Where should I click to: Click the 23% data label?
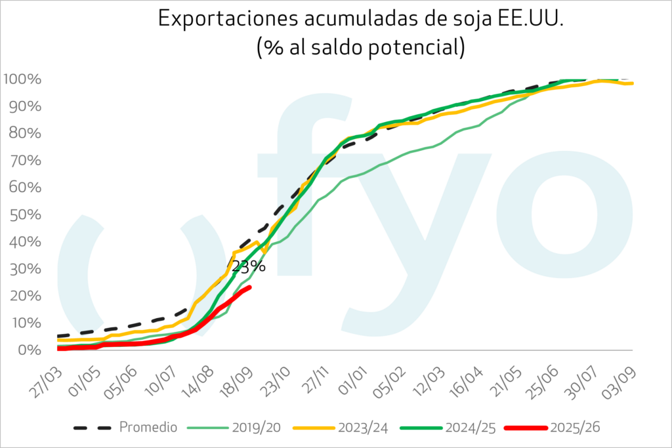point(247,266)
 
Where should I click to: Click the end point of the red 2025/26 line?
point(249,287)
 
